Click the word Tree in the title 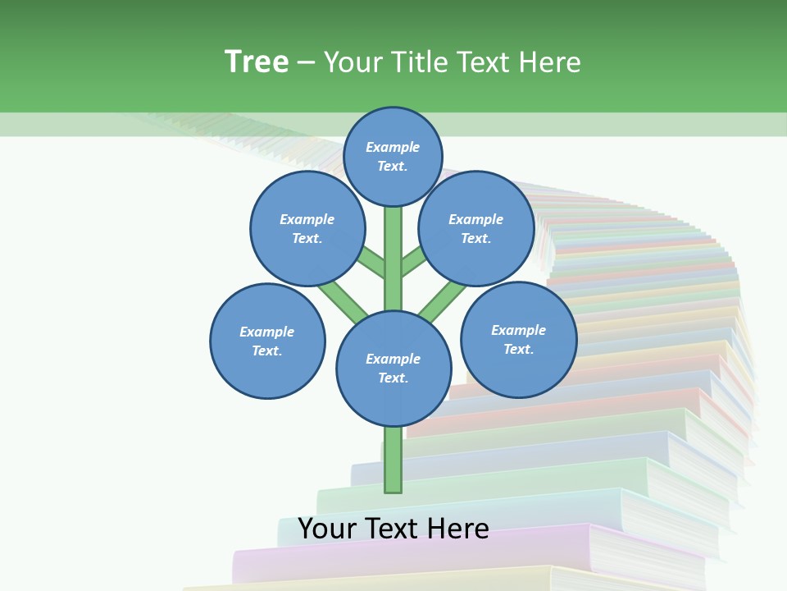(x=257, y=62)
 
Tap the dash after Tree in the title (x=306, y=63)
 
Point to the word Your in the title (x=353, y=62)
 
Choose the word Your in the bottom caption (x=328, y=529)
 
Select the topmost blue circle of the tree (x=393, y=156)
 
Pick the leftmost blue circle (x=267, y=341)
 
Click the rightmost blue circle (x=518, y=339)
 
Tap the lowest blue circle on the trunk (x=393, y=368)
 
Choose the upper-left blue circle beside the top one (x=307, y=228)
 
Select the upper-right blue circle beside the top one (x=476, y=228)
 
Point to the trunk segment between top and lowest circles (x=393, y=259)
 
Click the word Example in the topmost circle (x=393, y=147)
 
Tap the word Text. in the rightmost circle (x=518, y=349)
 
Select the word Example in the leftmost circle (x=267, y=332)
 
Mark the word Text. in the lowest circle (x=393, y=378)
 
